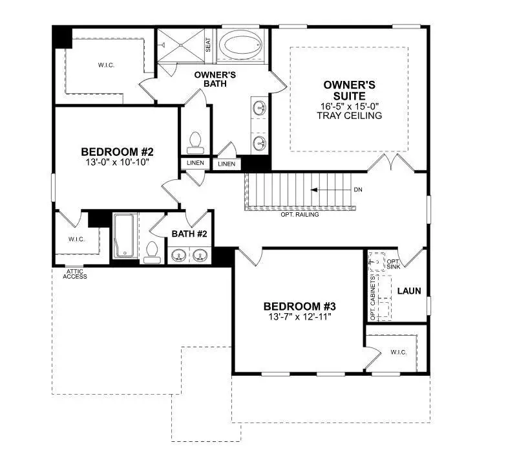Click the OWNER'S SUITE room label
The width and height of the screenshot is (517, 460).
click(x=349, y=91)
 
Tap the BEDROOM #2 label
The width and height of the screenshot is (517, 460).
click(x=116, y=152)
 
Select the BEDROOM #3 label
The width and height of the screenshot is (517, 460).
click(x=299, y=306)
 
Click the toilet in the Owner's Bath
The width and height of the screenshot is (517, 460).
click(x=194, y=140)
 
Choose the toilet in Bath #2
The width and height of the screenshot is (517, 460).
click(x=153, y=251)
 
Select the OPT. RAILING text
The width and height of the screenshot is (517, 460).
click(x=299, y=214)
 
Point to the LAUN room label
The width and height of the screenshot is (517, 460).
click(x=408, y=291)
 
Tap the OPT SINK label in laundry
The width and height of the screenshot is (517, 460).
click(x=393, y=263)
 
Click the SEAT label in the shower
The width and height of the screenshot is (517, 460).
click(x=208, y=45)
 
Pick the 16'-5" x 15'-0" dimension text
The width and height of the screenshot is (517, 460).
click(x=349, y=106)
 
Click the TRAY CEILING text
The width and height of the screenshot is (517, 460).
click(x=349, y=116)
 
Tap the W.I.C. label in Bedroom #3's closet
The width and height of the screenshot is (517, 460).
click(x=398, y=352)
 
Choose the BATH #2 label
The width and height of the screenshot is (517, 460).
click(x=189, y=234)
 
